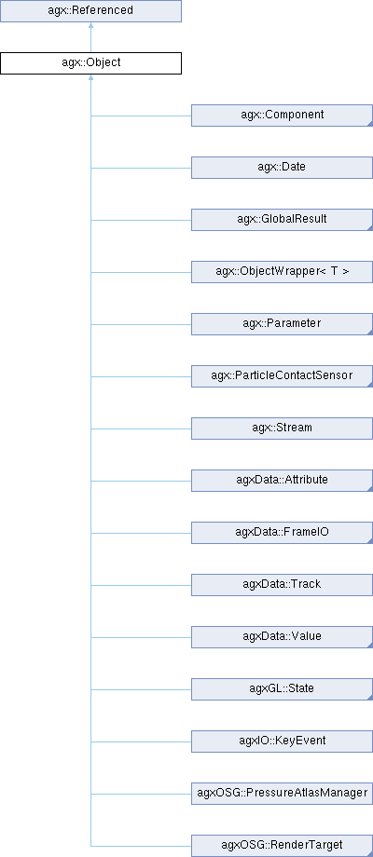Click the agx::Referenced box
click(x=90, y=11)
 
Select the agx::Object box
click(x=90, y=63)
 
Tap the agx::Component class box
click(x=282, y=116)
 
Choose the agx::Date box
click(x=282, y=168)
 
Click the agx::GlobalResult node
click(x=282, y=220)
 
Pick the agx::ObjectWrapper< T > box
click(x=282, y=272)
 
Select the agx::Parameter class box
click(x=282, y=324)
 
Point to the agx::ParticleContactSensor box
click(x=282, y=376)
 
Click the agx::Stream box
click(x=282, y=428)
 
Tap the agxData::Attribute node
click(x=282, y=481)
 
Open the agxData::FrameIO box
click(x=282, y=533)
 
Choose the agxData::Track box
click(x=282, y=585)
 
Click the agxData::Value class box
click(x=282, y=637)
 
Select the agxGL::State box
click(x=282, y=689)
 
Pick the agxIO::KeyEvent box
click(x=282, y=741)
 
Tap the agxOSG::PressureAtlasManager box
click(x=282, y=795)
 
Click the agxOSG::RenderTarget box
click(x=282, y=846)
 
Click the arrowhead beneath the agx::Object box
click(x=90, y=77)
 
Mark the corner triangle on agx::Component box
click(x=370, y=124)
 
